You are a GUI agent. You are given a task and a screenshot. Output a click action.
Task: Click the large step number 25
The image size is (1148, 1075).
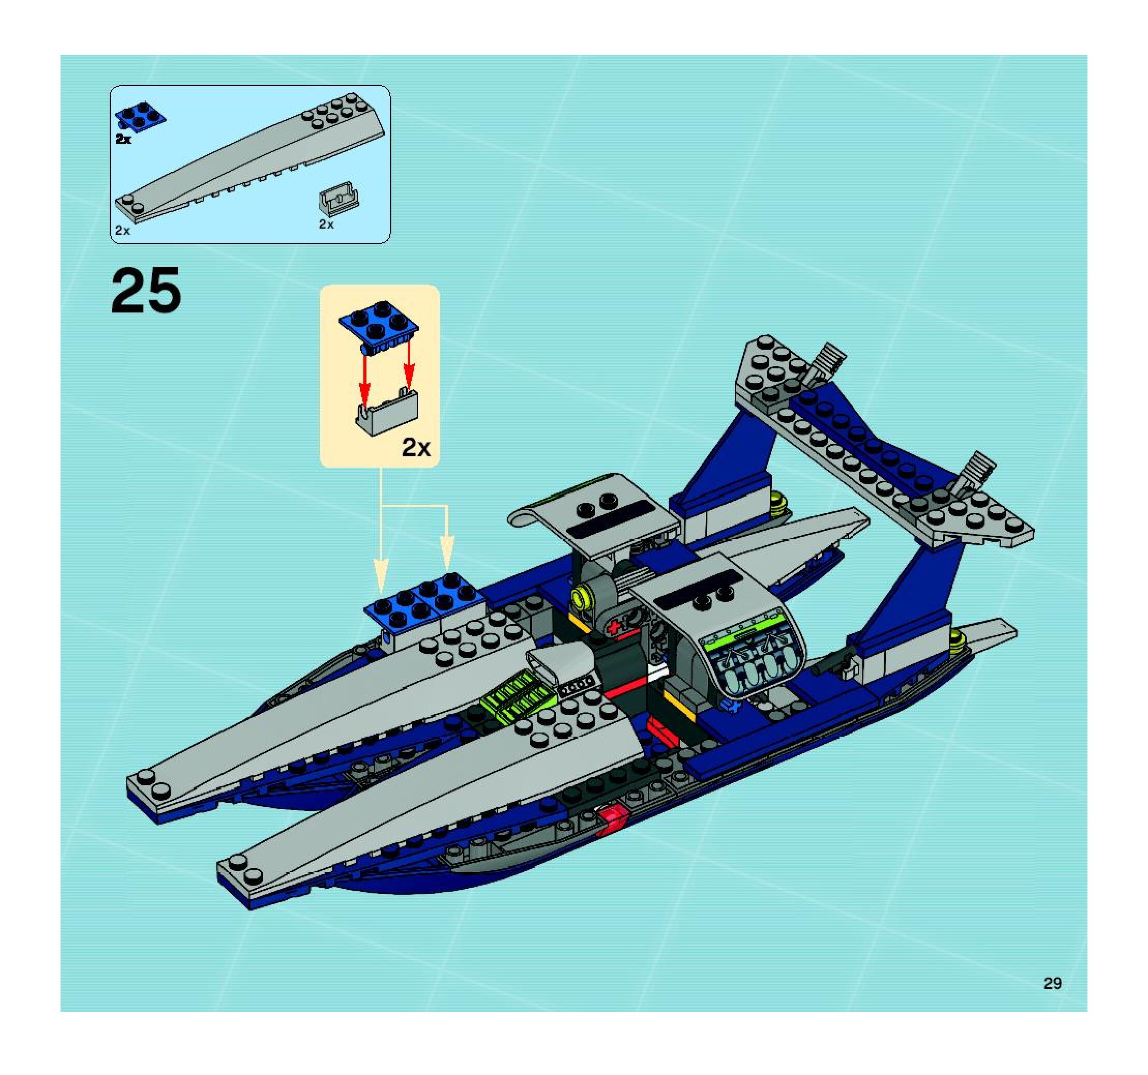click(x=145, y=291)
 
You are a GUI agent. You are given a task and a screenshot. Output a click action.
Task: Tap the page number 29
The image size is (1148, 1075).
click(x=1052, y=983)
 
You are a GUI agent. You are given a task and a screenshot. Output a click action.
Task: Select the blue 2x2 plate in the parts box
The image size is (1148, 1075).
click(x=141, y=115)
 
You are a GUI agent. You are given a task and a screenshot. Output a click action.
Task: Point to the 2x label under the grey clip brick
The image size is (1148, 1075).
click(x=326, y=225)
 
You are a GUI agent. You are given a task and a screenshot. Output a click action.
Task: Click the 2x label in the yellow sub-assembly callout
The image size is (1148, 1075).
click(x=416, y=448)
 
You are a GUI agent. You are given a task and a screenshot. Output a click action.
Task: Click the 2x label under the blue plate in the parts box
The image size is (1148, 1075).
click(x=123, y=140)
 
